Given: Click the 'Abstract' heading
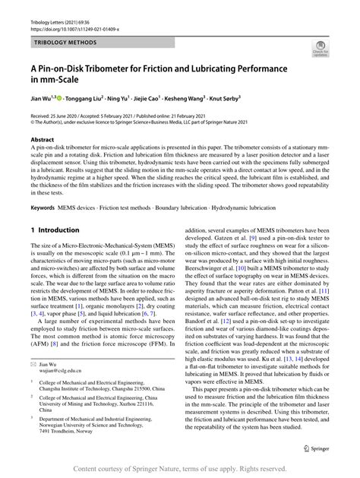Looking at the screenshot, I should pos(42,141).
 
